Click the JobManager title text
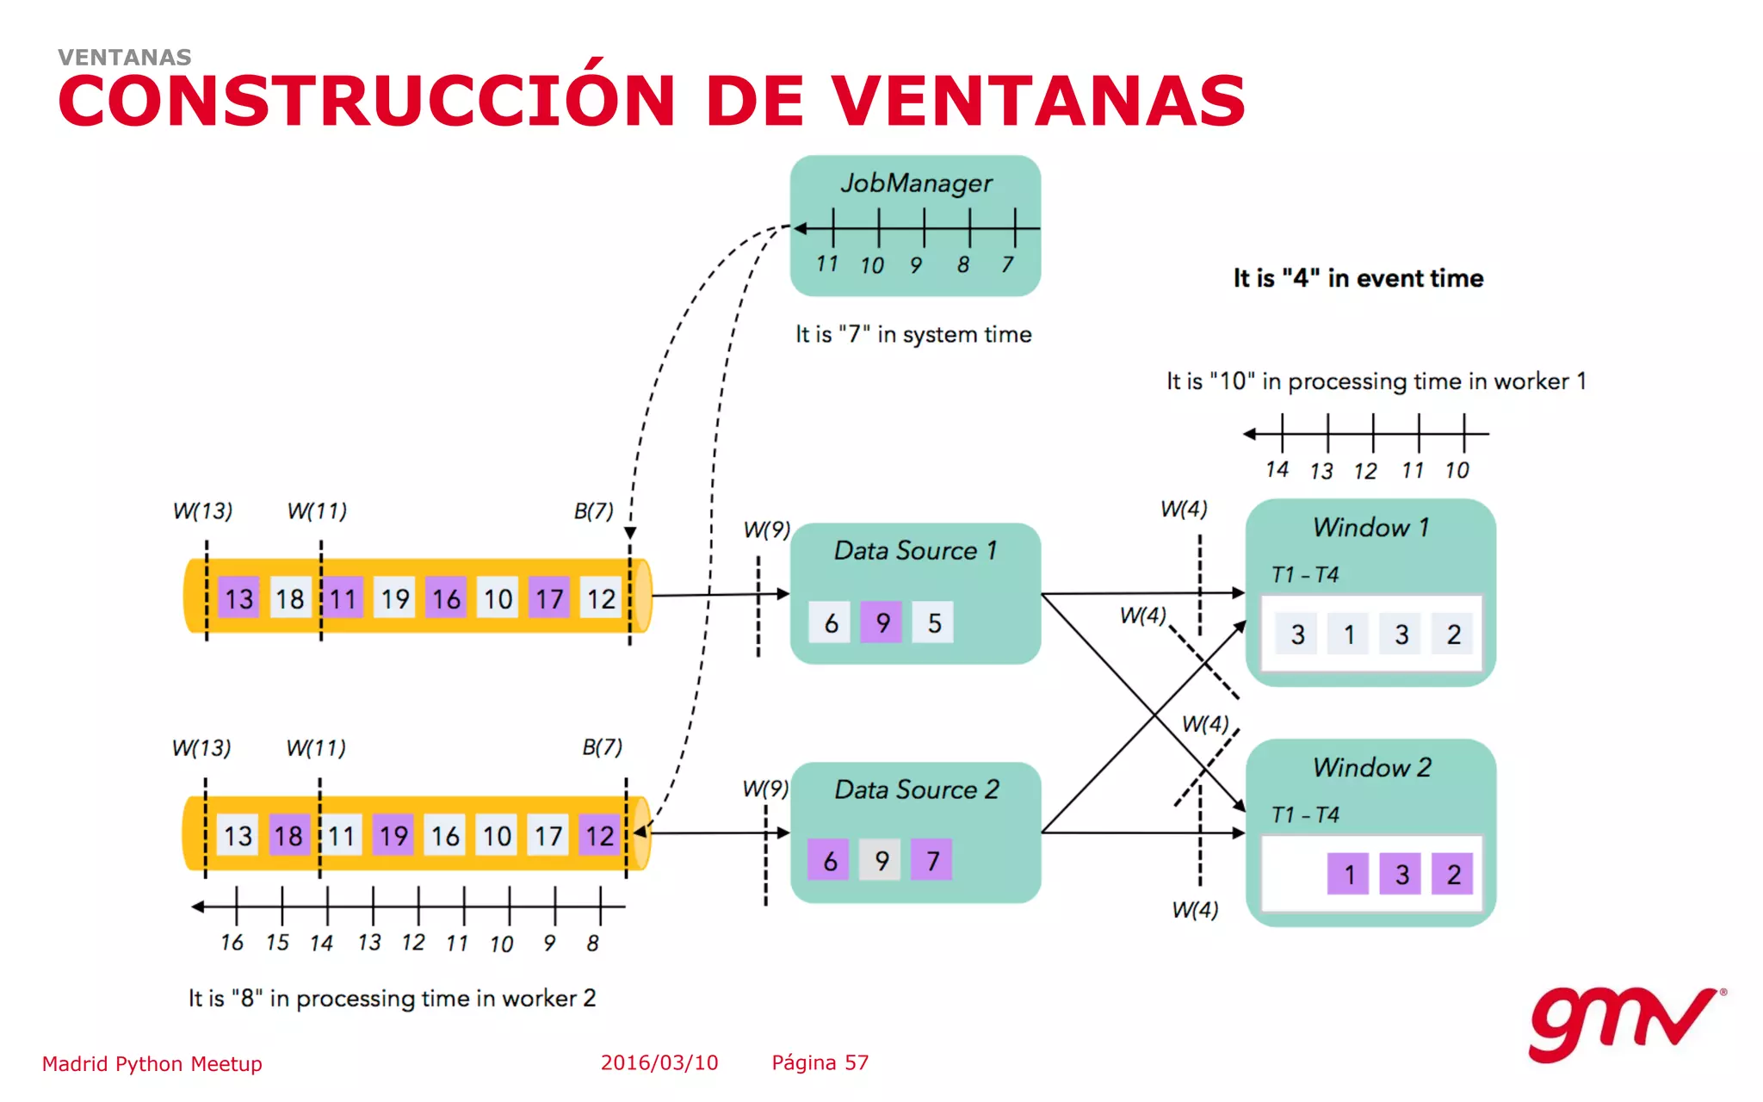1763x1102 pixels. (916, 183)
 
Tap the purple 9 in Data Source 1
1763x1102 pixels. (881, 622)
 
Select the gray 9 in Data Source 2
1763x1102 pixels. (881, 860)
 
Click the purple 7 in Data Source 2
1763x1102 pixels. (932, 860)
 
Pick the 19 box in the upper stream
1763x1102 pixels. (394, 598)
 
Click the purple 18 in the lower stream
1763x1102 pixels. (288, 835)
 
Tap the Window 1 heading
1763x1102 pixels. (1370, 527)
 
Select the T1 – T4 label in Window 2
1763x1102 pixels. (1305, 814)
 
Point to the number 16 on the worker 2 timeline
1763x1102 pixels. (232, 943)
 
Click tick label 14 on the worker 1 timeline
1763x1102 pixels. (1277, 470)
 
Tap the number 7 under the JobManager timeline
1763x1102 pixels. (1007, 265)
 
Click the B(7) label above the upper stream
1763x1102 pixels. (593, 511)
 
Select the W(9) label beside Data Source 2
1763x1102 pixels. (764, 789)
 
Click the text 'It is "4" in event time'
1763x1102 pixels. (1358, 278)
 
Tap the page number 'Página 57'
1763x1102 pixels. (820, 1062)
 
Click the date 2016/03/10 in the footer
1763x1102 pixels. (659, 1062)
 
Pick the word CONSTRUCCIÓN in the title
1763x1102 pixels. (366, 101)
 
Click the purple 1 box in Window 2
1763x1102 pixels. (1348, 875)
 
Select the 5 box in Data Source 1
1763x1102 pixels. (934, 622)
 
